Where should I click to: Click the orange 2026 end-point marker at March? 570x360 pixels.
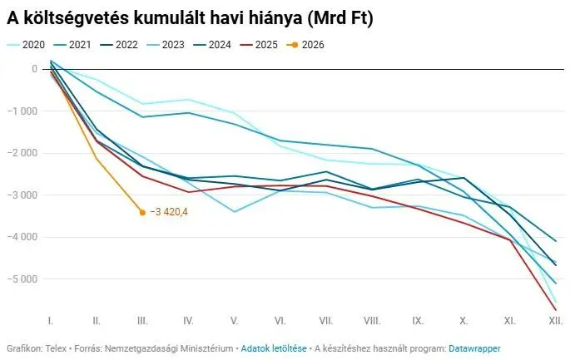tap(142, 212)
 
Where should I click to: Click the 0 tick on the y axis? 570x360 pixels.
tap(34, 69)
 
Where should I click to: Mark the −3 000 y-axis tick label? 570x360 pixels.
tap(23, 195)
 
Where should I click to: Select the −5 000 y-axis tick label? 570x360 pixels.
tap(23, 279)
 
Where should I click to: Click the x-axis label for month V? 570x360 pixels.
tap(235, 320)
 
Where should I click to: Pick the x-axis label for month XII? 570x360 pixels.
tap(555, 320)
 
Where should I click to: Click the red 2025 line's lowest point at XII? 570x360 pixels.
tap(556, 310)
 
